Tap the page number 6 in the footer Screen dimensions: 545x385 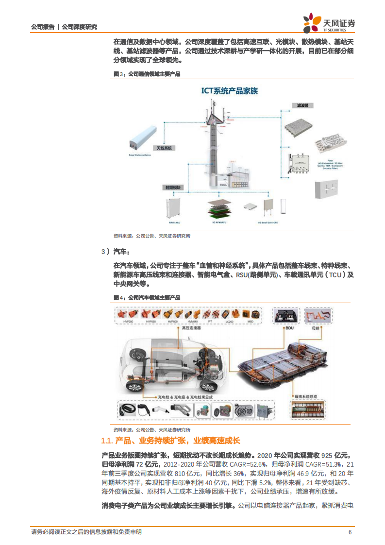(350, 532)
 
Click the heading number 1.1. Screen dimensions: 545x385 (107, 441)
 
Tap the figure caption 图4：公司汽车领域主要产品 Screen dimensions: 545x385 (147, 297)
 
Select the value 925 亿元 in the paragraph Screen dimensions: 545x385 (335, 456)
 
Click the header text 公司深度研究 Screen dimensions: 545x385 (79, 27)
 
